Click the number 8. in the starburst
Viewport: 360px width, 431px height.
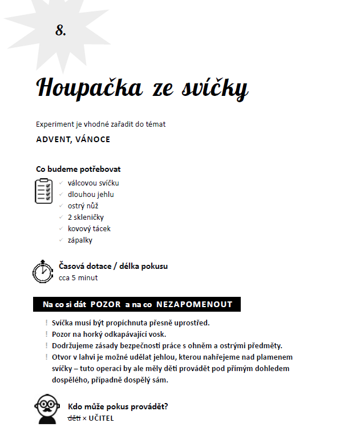click(60, 31)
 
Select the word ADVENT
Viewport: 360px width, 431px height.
click(51, 139)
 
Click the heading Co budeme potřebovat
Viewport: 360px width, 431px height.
click(78, 169)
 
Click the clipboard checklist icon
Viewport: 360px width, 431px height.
click(44, 191)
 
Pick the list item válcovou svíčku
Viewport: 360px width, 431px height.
click(93, 183)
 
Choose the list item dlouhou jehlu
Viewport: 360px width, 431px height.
click(91, 195)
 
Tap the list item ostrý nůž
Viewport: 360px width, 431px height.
click(83, 206)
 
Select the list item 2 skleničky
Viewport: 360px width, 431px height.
click(86, 217)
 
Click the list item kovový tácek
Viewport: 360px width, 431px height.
click(89, 228)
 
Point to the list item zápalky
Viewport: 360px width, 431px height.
click(80, 240)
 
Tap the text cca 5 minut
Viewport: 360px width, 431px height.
click(78, 278)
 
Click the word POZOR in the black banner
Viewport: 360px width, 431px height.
click(106, 304)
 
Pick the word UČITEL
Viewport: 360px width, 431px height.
click(101, 418)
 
